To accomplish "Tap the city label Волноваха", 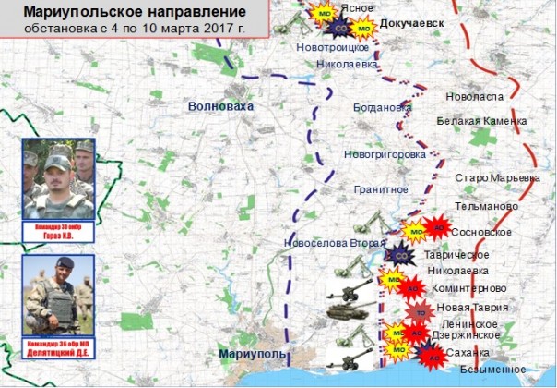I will click(x=219, y=107).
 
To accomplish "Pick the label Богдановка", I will click(x=382, y=107).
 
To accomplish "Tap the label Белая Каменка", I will click(x=481, y=121).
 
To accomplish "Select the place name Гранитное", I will click(x=380, y=188).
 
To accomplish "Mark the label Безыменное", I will click(x=492, y=370).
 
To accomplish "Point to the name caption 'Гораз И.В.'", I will click(x=59, y=235).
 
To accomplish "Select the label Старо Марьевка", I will click(x=497, y=176).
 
